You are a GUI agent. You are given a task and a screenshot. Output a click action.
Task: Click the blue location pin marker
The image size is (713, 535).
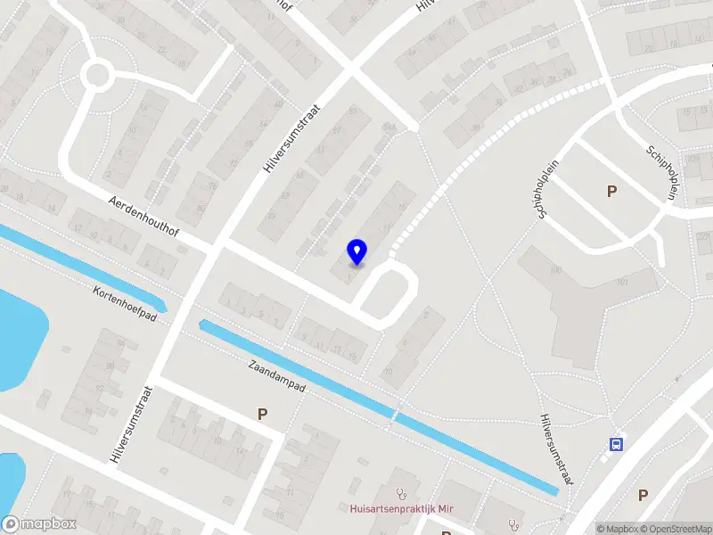tap(357, 251)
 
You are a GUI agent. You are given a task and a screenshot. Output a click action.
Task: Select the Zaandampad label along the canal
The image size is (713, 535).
tap(278, 375)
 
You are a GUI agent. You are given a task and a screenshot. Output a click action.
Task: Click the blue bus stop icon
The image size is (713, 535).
tap(616, 444)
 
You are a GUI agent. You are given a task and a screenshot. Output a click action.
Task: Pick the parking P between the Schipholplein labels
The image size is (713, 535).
tap(611, 191)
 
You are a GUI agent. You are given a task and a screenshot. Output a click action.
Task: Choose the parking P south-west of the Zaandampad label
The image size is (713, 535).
tap(262, 414)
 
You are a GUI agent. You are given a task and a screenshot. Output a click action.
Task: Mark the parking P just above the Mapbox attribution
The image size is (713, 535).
tap(643, 495)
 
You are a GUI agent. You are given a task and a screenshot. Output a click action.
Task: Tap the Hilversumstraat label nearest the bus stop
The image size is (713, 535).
tap(553, 449)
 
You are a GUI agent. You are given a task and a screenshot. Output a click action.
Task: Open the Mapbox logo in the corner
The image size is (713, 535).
tap(39, 524)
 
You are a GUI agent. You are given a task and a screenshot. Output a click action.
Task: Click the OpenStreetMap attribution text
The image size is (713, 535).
tap(674, 529)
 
